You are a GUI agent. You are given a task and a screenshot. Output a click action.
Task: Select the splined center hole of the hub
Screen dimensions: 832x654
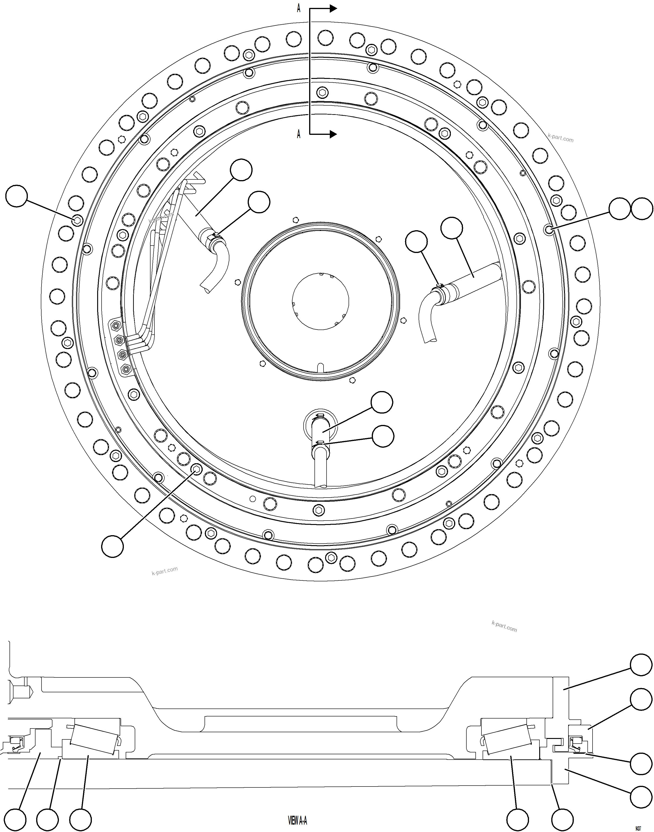tap(320, 301)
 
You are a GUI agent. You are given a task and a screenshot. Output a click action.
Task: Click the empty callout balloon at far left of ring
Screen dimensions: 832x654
tap(16, 196)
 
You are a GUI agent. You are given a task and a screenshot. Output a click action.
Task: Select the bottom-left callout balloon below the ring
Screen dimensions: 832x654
tap(112, 546)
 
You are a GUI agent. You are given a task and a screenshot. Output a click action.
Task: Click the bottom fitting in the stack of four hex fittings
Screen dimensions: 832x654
tap(125, 369)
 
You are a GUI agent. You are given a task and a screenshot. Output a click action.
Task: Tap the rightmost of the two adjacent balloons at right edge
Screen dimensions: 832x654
tap(642, 209)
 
